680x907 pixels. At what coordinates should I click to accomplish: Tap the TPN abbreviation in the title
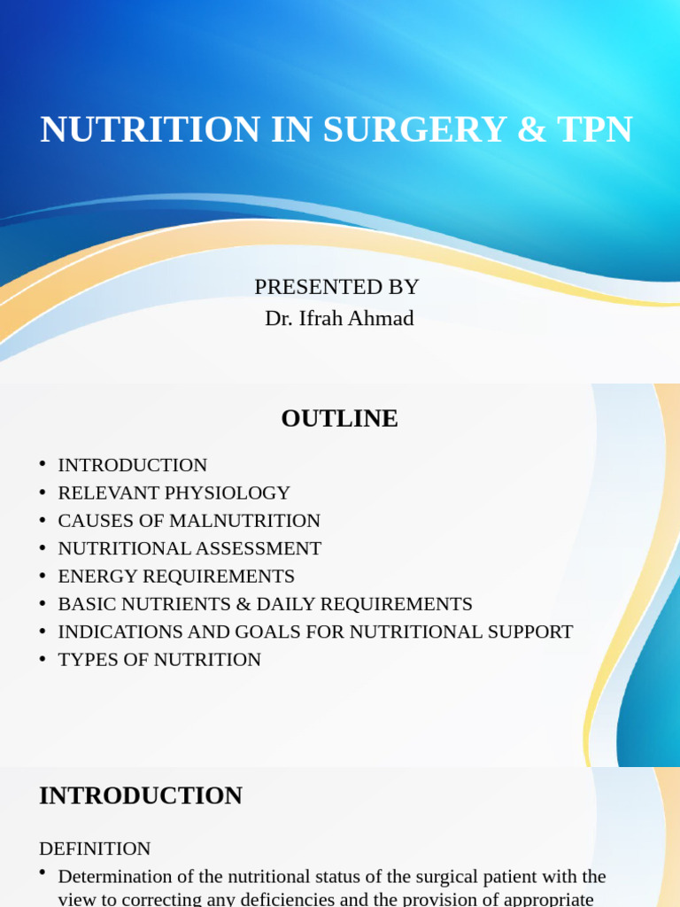pos(595,129)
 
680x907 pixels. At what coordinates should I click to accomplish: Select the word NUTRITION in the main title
pos(151,129)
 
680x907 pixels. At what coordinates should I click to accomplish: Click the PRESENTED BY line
pos(336,287)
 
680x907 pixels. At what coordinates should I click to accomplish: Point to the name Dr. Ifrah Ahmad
pos(339,318)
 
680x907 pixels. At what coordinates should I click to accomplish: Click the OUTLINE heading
pos(339,418)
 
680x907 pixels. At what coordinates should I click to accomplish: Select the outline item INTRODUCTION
pos(132,465)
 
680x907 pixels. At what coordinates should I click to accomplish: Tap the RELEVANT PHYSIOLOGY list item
pos(174,492)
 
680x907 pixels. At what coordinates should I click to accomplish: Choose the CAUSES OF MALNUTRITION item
pos(189,521)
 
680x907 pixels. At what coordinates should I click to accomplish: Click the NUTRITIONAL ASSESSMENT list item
pos(189,548)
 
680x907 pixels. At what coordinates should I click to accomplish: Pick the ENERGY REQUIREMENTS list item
pos(176,576)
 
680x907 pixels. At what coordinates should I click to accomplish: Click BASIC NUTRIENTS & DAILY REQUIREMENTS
pos(265,604)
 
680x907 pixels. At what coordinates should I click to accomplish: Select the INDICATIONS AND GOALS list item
pos(315,632)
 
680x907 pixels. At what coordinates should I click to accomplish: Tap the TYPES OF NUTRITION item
pos(159,660)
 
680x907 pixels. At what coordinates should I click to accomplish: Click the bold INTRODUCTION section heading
pos(141,795)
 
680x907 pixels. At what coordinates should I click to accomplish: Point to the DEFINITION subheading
pos(95,849)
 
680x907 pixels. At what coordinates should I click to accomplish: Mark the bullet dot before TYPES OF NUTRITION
pos(42,659)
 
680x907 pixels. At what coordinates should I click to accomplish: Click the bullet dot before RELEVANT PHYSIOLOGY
pos(42,492)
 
